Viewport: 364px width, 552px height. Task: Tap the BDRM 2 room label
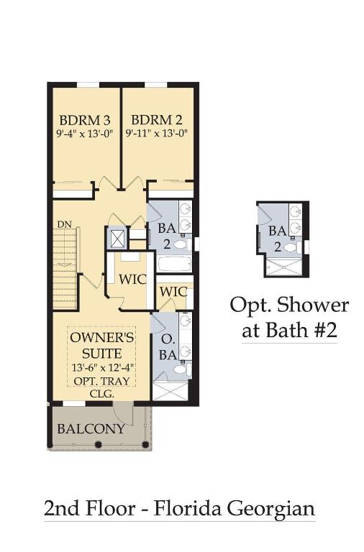(150, 119)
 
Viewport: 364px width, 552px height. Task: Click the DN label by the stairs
(63, 224)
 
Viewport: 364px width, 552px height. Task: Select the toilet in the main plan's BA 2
(184, 244)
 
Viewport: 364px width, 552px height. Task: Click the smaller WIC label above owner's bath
(173, 292)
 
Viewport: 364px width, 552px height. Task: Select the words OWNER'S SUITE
(101, 344)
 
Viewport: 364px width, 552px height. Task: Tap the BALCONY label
(91, 429)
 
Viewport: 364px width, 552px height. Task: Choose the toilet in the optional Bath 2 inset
(292, 247)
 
